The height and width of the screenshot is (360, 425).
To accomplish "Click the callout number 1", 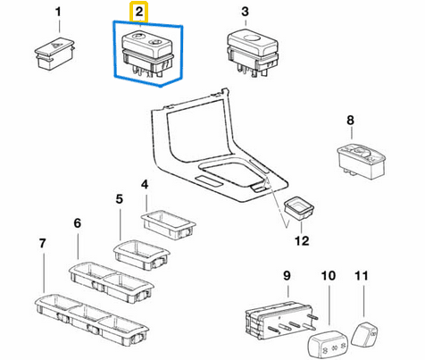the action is point(58,13).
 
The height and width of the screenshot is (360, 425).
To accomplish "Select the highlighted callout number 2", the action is point(139,12).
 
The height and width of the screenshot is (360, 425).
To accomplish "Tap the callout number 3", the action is point(245,12).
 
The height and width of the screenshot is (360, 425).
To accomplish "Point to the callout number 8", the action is point(350,120).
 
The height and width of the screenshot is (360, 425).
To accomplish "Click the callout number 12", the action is point(302,240).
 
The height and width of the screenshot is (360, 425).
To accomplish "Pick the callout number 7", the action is point(43,243).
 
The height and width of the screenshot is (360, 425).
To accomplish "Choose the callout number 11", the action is point(362,276).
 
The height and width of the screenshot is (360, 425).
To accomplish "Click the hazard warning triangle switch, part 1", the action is point(54,54).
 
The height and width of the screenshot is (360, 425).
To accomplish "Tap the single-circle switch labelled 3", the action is point(253,54).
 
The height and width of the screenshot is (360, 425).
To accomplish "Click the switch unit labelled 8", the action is point(362,161).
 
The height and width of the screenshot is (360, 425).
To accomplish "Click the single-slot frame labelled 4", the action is point(168,225).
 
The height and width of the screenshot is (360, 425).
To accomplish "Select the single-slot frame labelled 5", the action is point(141,254).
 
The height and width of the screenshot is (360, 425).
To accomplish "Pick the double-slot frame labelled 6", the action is point(112,281).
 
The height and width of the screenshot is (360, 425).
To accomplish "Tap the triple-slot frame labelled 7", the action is point(91,319).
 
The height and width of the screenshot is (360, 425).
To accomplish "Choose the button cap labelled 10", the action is point(327,343).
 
